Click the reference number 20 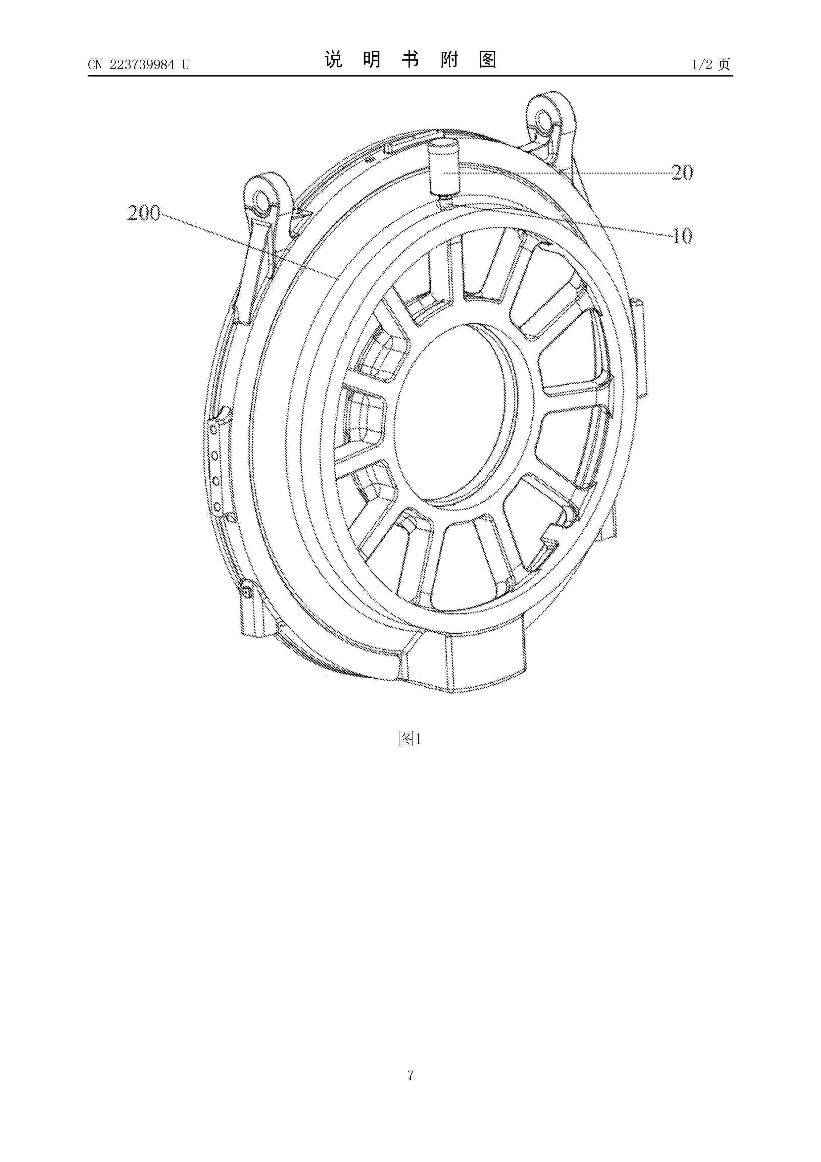pos(682,173)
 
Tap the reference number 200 pos(144,213)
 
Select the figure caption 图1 pos(410,739)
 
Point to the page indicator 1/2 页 pos(711,64)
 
